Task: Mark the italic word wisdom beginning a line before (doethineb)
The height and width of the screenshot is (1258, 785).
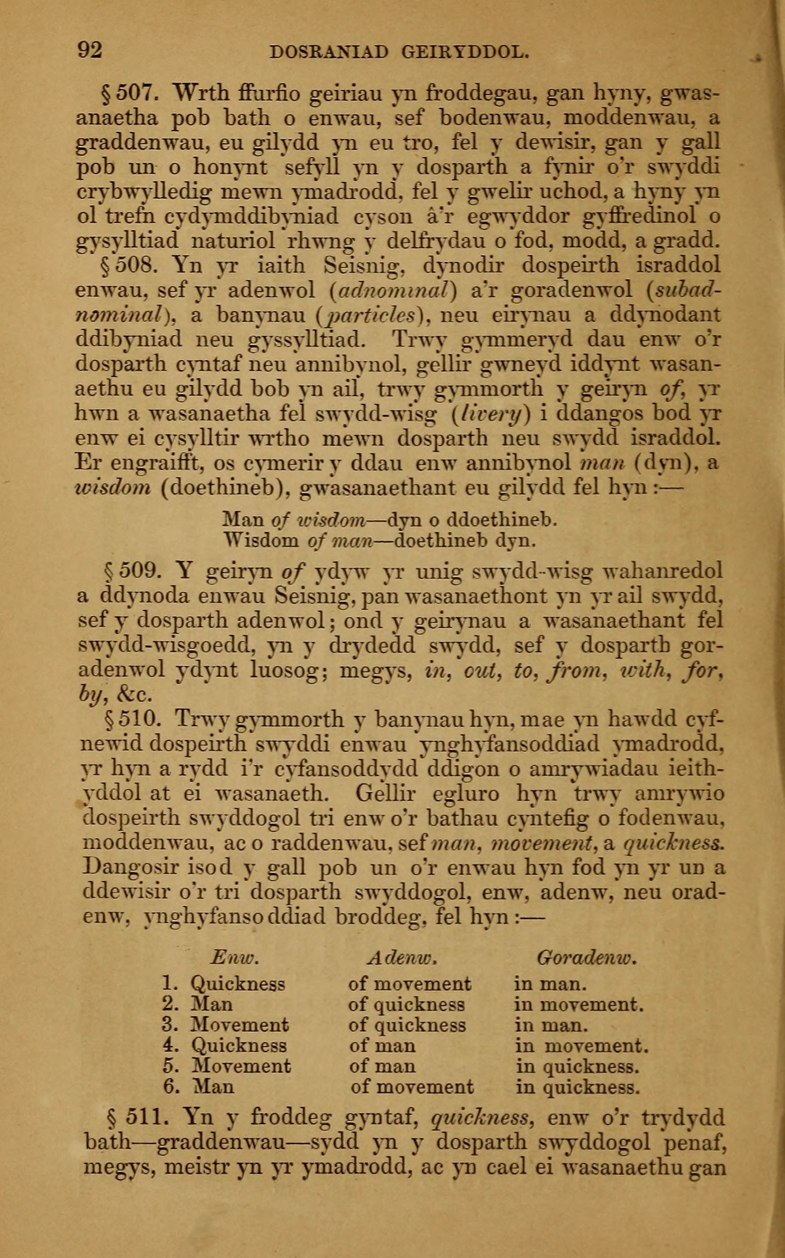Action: [x=113, y=488]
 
